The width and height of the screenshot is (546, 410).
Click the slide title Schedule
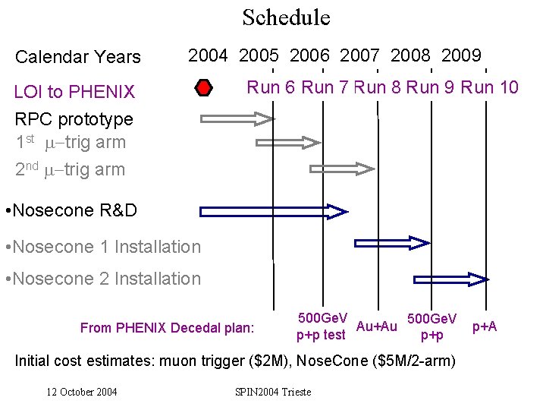pyautogui.click(x=286, y=17)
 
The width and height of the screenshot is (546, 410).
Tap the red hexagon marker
pyautogui.click(x=203, y=89)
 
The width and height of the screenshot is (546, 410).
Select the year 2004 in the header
pyautogui.click(x=208, y=55)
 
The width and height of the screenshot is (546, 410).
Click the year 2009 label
pyautogui.click(x=461, y=55)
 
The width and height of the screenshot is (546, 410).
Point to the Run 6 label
pyautogui.click(x=271, y=87)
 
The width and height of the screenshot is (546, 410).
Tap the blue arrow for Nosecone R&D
pyautogui.click(x=273, y=211)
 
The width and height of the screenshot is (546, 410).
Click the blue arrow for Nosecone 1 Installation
pyautogui.click(x=393, y=243)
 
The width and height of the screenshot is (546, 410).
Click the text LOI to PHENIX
pyautogui.click(x=75, y=93)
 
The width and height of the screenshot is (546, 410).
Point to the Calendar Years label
pyautogui.click(x=78, y=57)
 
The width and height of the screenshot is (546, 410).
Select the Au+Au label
pyautogui.click(x=376, y=326)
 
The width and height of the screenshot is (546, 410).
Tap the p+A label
pyautogui.click(x=485, y=326)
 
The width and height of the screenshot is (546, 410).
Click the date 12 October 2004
pyautogui.click(x=82, y=392)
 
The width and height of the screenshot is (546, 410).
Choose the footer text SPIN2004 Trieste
pyautogui.click(x=273, y=392)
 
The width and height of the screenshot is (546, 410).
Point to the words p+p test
pyautogui.click(x=321, y=335)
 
